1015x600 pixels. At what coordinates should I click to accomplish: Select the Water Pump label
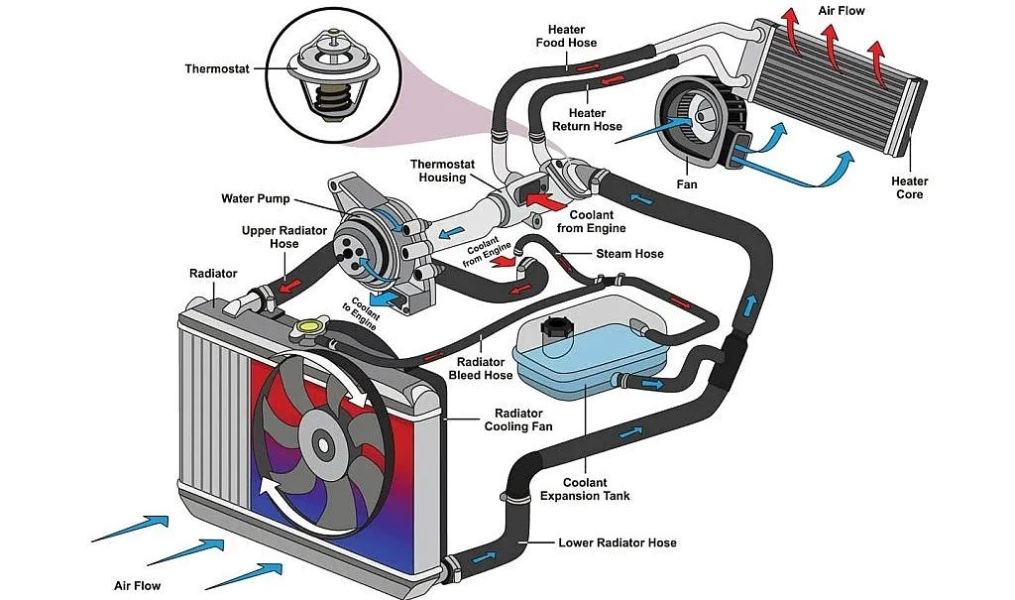(x=255, y=198)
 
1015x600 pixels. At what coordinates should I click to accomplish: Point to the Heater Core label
(x=909, y=187)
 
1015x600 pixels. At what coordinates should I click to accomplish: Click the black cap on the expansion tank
(x=552, y=329)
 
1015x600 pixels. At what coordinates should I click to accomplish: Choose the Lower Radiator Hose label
(x=618, y=542)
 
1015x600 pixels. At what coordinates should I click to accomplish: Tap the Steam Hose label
(x=629, y=254)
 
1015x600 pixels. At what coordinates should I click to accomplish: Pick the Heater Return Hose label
(x=595, y=119)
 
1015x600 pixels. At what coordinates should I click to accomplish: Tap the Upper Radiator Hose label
(x=270, y=237)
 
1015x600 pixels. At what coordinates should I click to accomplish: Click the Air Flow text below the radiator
(x=137, y=585)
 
